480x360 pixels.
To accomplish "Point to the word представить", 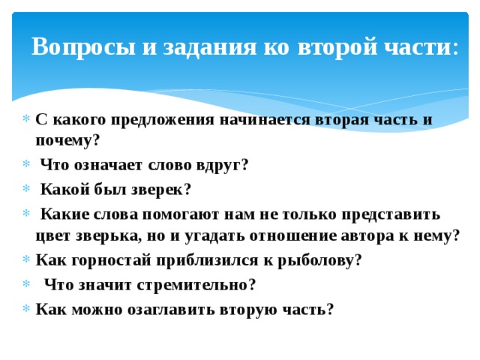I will pyautogui.click(x=391, y=214).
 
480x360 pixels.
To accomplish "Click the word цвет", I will pyautogui.click(x=51, y=235).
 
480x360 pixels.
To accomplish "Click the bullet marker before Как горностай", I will pyautogui.click(x=27, y=261).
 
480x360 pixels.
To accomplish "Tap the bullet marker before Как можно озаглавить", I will pyautogui.click(x=27, y=310).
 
